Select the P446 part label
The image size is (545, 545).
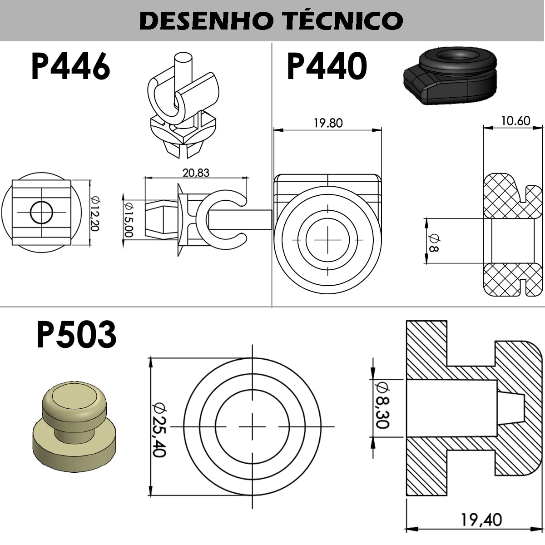(70, 66)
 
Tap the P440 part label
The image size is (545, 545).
(327, 66)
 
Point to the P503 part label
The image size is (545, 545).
(76, 335)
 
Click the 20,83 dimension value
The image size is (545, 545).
(196, 173)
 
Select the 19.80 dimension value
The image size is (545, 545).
(328, 123)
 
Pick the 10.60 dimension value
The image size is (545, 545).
(515, 121)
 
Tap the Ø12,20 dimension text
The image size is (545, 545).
(94, 213)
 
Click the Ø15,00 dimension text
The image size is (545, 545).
(129, 219)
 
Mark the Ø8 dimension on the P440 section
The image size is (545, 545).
(433, 243)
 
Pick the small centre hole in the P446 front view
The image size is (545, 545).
(41, 212)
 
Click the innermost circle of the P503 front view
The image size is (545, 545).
(252, 427)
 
